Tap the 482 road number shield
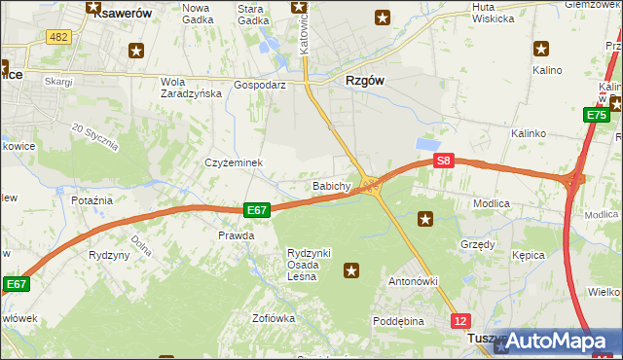coord(57,36)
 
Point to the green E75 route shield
coord(596,116)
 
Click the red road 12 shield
coord(460,320)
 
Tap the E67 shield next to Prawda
coord(256,209)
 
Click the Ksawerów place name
coord(114,17)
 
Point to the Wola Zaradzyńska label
coord(192,88)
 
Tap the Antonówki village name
coord(415,281)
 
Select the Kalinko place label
coord(531,132)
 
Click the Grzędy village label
coord(477,244)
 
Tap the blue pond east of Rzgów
coord(426,144)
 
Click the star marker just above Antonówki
coord(351,270)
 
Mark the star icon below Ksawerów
coord(135,51)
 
